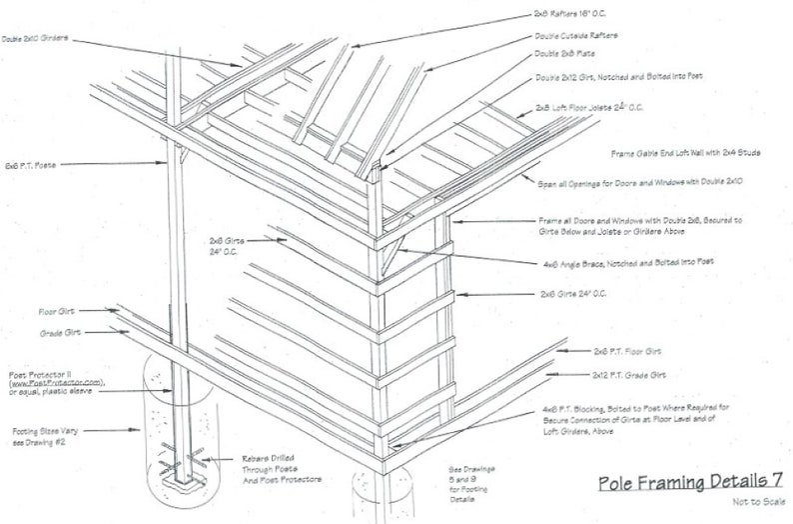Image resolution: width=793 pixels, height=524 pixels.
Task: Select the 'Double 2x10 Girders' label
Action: [35, 39]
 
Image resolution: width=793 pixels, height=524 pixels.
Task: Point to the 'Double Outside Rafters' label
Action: [578, 36]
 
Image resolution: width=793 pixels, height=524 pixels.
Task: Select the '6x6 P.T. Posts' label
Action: [31, 164]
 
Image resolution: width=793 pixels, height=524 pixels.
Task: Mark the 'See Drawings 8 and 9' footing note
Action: [467, 479]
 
